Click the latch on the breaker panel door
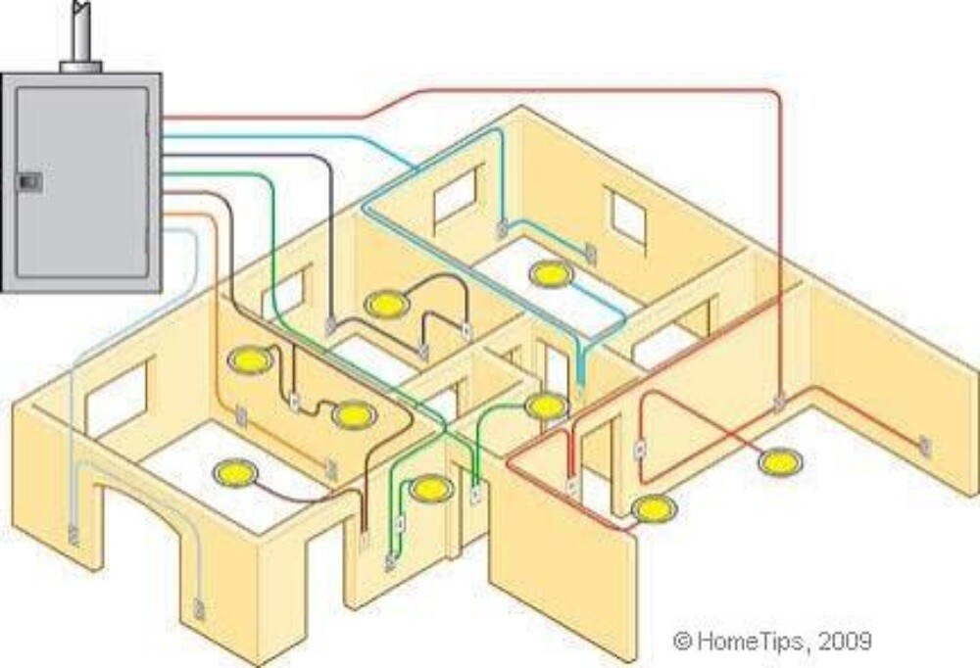(x=29, y=182)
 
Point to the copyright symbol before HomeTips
(x=682, y=641)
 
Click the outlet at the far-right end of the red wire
(x=925, y=447)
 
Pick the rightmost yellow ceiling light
(x=780, y=462)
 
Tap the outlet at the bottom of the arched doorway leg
(x=199, y=608)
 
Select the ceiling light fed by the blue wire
(x=551, y=273)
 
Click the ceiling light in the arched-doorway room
(x=235, y=472)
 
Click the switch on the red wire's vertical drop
(x=779, y=403)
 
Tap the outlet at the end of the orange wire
(x=332, y=471)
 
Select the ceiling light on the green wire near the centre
(x=546, y=406)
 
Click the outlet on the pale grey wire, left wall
(x=73, y=535)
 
